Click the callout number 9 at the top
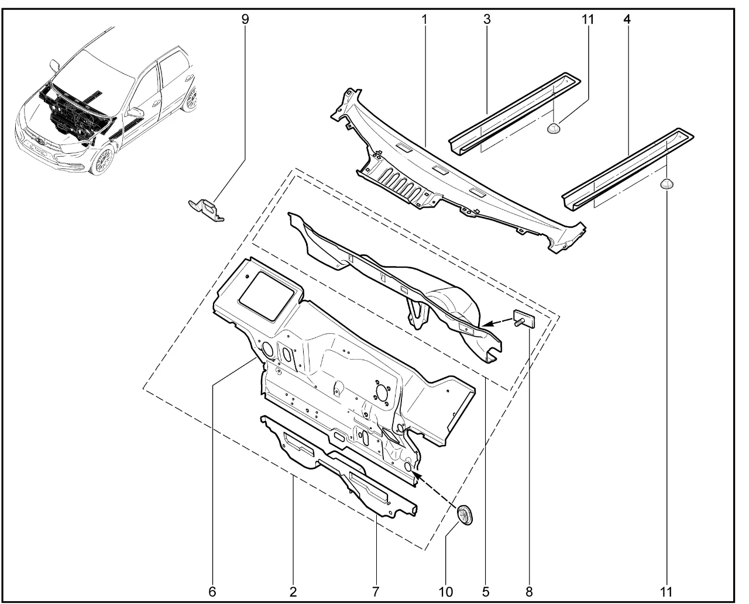point(245,19)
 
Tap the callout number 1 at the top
point(424,19)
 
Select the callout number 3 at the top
point(487,19)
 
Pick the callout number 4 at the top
point(627,19)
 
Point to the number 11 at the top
point(587,19)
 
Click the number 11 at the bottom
point(667,591)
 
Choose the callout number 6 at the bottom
point(212,591)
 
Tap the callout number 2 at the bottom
point(293,591)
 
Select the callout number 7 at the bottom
point(375,591)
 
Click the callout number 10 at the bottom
point(446,591)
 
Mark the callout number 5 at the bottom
point(486,591)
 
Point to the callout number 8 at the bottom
point(530,591)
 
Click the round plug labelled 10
point(466,514)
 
